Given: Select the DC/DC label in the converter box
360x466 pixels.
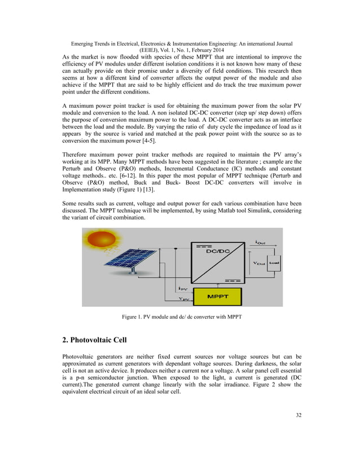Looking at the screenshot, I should tap(217, 253).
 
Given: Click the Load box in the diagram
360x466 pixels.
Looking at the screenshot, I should tap(274, 262).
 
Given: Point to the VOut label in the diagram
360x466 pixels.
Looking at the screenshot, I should tap(258, 263).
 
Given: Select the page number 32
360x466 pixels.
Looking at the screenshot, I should tap(298, 416).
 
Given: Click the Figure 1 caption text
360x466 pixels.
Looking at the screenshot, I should tap(182, 317).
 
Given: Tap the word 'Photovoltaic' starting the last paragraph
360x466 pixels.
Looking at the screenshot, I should tap(81, 357).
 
